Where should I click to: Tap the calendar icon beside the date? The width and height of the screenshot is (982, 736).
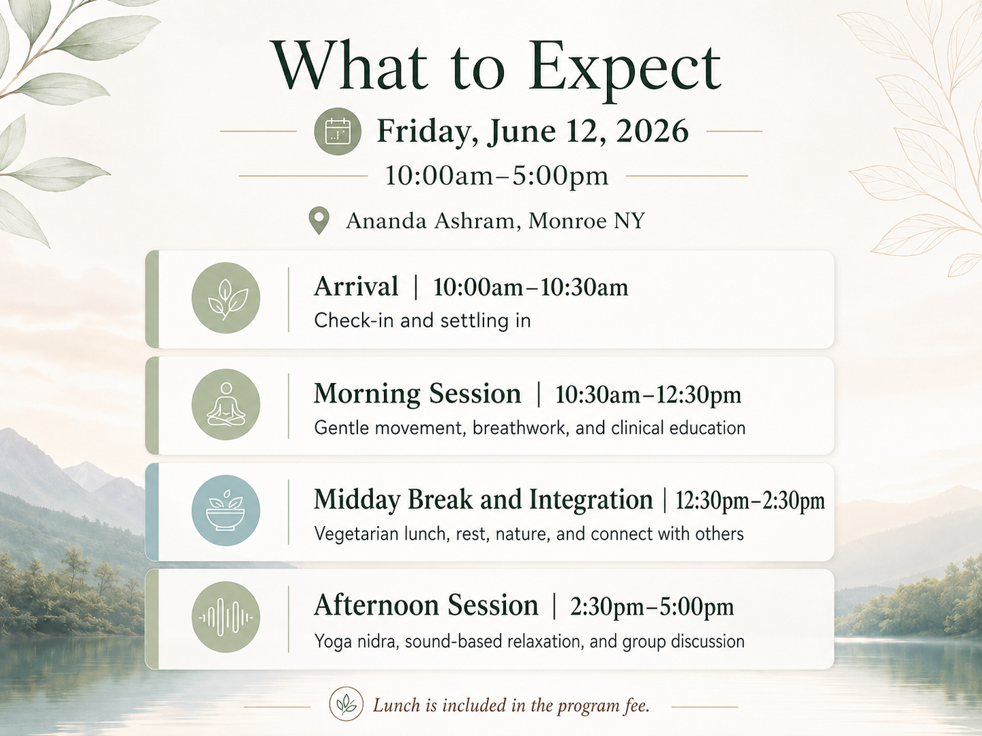[337, 131]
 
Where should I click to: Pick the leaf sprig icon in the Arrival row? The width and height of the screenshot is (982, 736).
[226, 298]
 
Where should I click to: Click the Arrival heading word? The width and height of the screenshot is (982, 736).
[356, 287]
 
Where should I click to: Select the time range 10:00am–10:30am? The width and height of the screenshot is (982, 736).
[530, 287]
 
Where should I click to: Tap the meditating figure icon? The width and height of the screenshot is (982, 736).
[226, 405]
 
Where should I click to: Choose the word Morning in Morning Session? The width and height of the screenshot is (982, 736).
[368, 394]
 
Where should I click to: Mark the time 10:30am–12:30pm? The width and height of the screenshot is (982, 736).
[648, 394]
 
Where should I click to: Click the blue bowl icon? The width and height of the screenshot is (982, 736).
[226, 510]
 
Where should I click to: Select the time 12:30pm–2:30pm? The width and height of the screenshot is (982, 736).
[750, 501]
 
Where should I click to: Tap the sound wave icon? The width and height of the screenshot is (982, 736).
[226, 617]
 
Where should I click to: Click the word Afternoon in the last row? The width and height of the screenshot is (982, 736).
[375, 605]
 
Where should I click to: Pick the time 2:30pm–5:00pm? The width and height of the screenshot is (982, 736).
[652, 607]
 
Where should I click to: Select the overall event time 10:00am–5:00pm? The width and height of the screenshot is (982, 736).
[496, 176]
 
